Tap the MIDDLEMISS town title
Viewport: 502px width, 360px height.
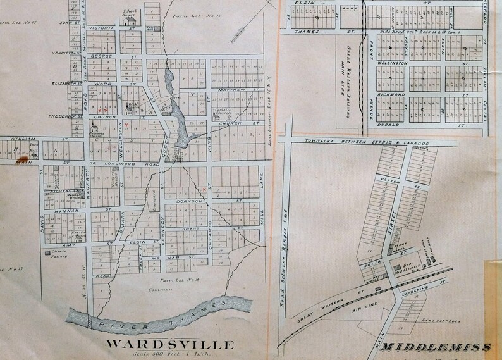tap(437, 348)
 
